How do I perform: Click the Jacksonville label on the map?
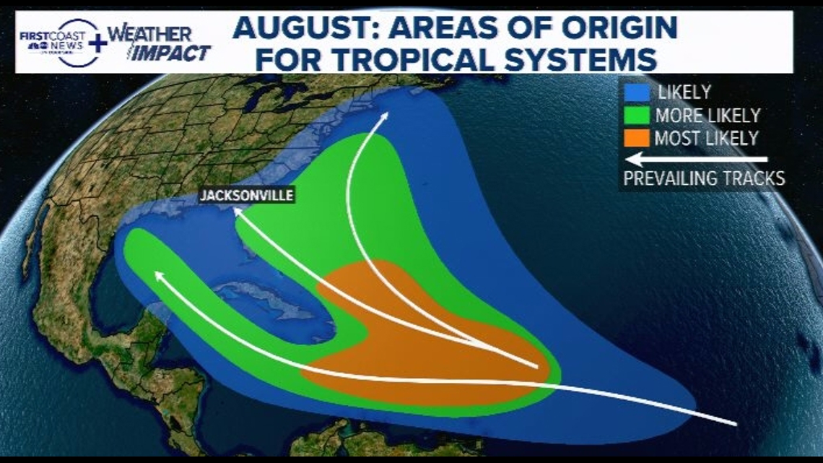246,194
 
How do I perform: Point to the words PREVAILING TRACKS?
704,178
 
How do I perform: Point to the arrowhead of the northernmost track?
384,116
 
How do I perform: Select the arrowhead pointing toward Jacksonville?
235,212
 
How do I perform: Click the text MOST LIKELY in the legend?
705,138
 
